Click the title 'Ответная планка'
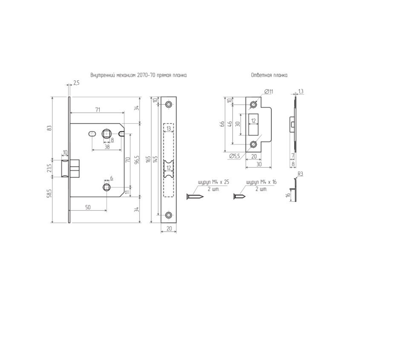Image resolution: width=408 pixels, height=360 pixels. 269,75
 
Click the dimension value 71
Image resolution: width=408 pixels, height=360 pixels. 98,110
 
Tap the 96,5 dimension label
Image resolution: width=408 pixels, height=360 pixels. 138,160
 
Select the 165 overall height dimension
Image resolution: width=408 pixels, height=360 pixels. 149,159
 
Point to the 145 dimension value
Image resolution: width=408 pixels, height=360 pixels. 155,159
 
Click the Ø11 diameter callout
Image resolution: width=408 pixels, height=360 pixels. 269,91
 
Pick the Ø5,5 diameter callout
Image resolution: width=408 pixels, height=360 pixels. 235,156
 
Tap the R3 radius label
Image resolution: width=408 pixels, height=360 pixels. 300,174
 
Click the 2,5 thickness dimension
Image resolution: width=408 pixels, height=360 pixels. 76,83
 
